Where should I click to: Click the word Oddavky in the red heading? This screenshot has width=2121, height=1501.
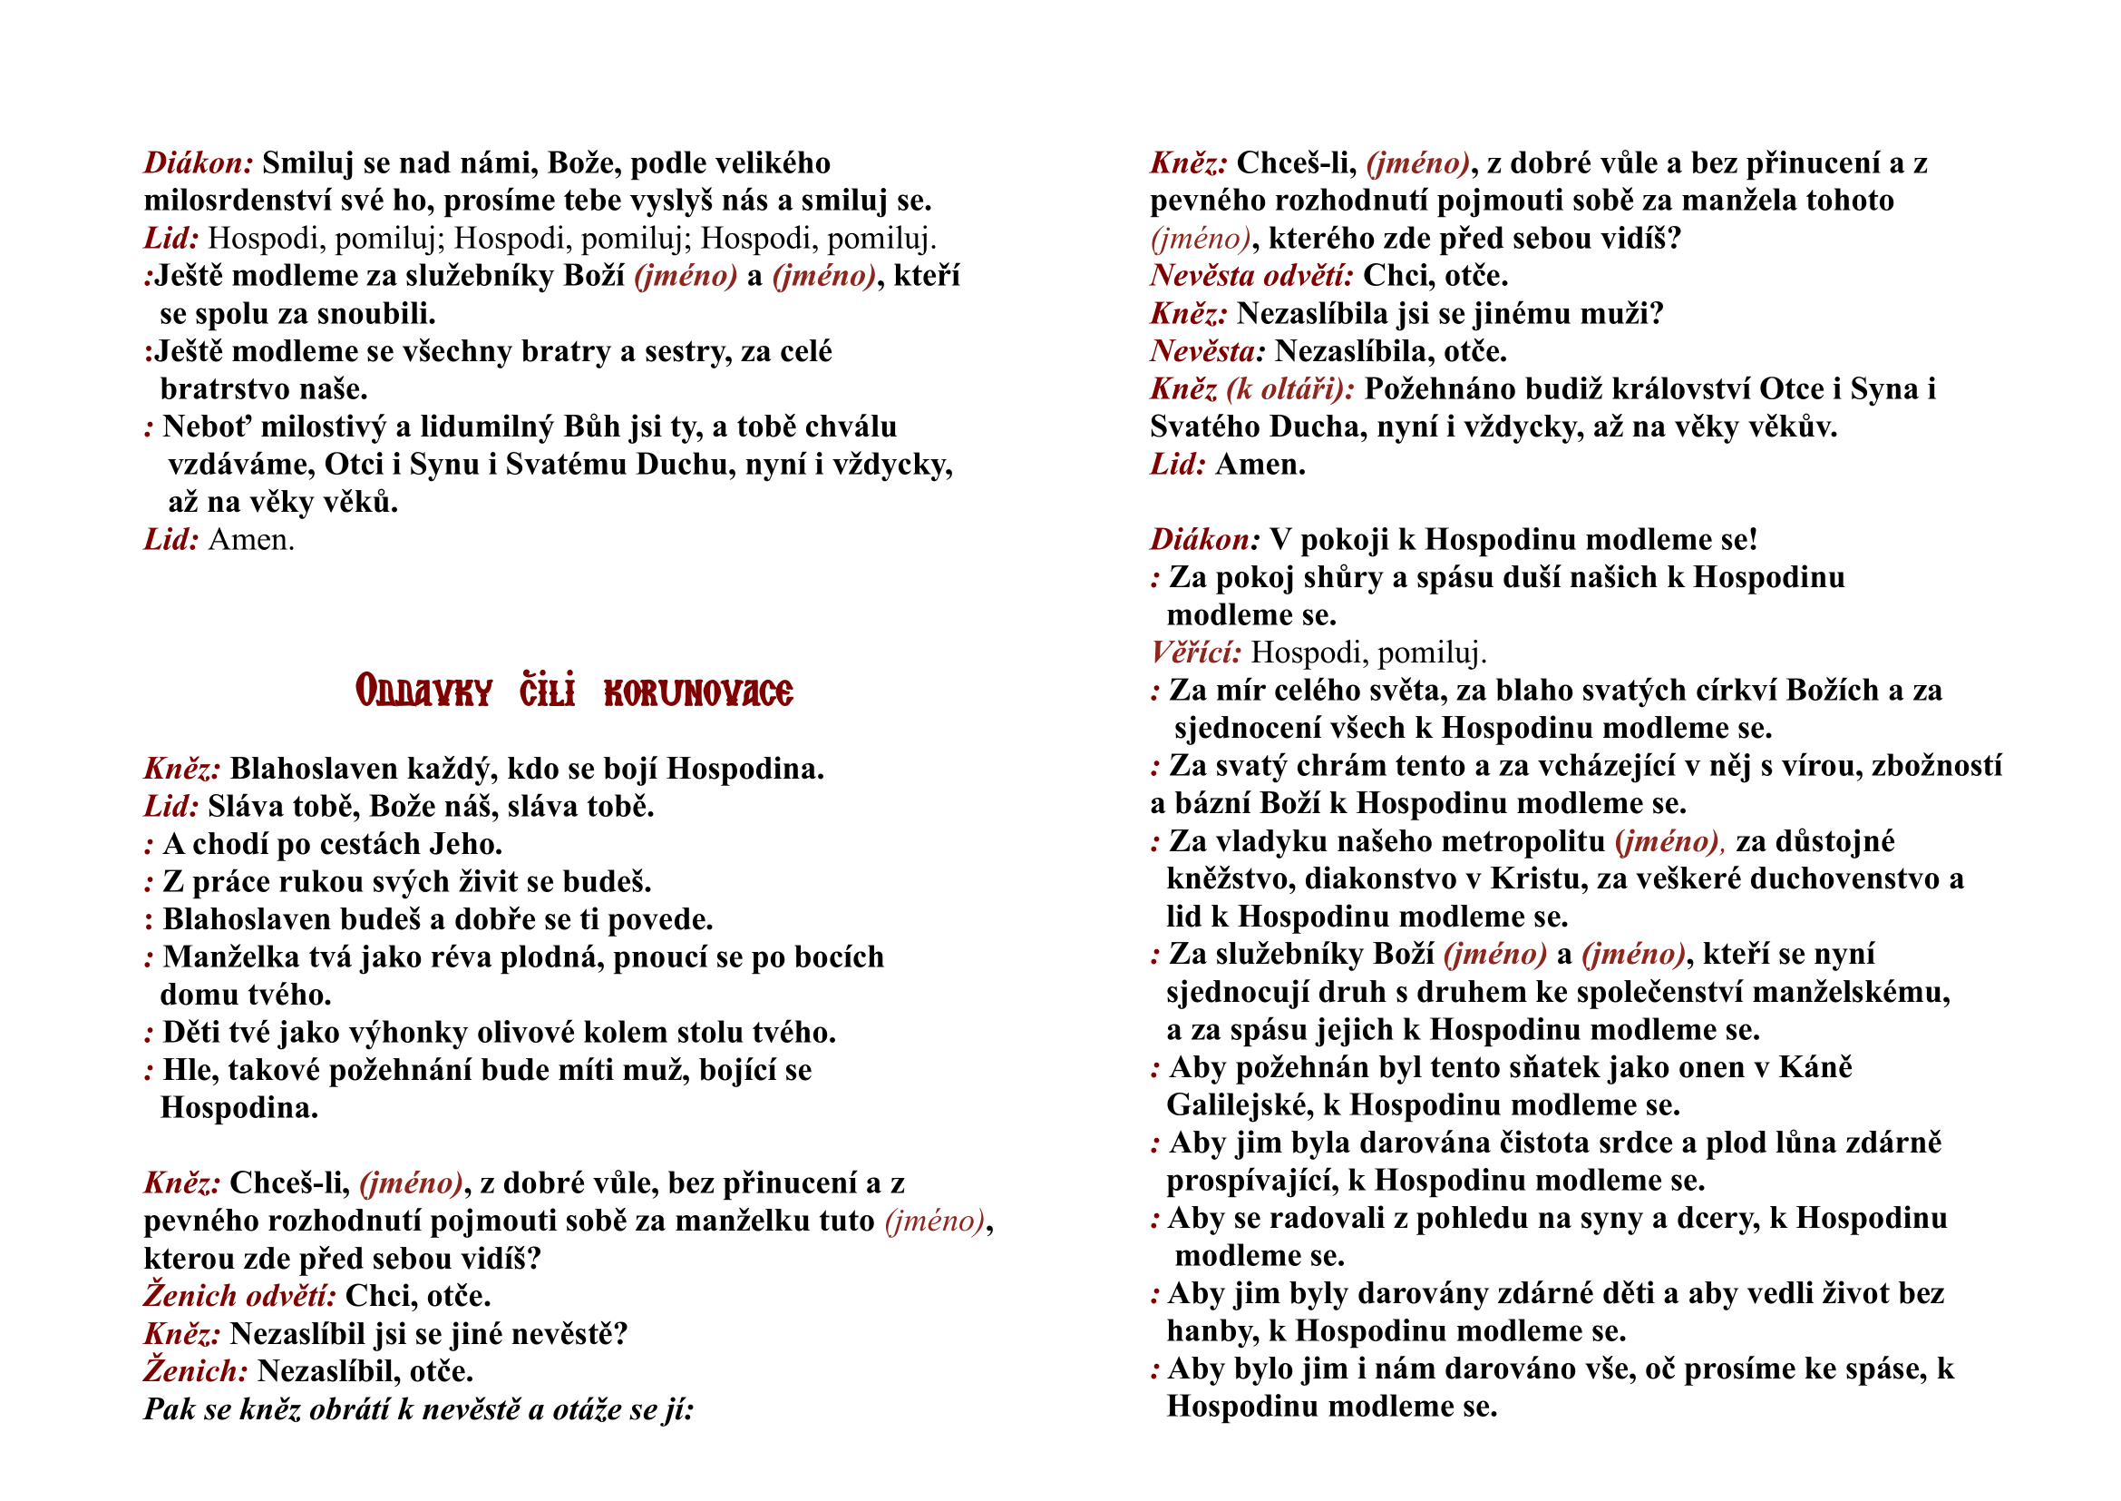tap(423, 692)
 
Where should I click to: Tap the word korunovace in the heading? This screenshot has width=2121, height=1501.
tap(697, 692)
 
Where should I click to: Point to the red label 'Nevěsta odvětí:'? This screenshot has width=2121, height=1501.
tap(1251, 276)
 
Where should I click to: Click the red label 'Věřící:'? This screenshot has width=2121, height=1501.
tap(1195, 652)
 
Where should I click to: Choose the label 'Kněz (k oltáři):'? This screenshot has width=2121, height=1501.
tap(1251, 389)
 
